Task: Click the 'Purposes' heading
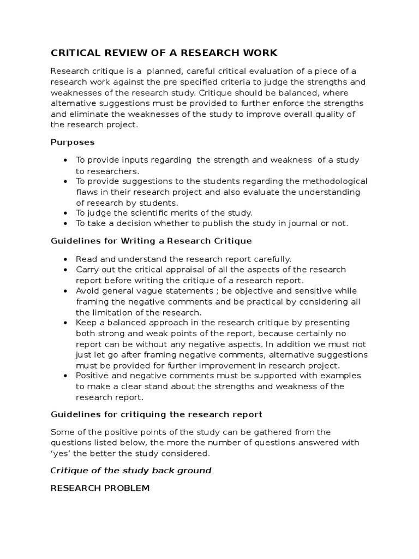tap(73, 142)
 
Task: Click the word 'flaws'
tap(87, 192)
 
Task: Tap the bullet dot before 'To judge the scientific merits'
tap(65, 213)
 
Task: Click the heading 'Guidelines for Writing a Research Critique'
tap(151, 241)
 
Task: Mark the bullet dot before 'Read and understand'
tap(65, 259)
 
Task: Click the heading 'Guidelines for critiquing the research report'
tap(157, 414)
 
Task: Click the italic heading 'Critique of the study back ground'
tap(131, 471)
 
